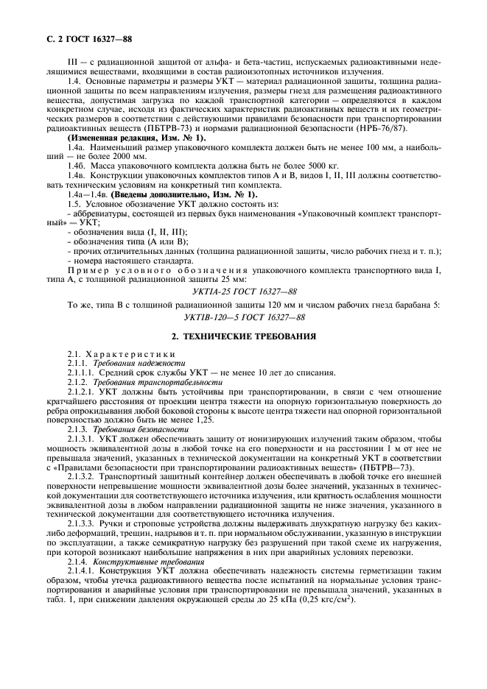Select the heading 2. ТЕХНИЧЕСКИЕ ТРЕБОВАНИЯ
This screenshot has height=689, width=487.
point(243,336)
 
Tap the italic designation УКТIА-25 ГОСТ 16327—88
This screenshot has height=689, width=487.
point(243,291)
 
